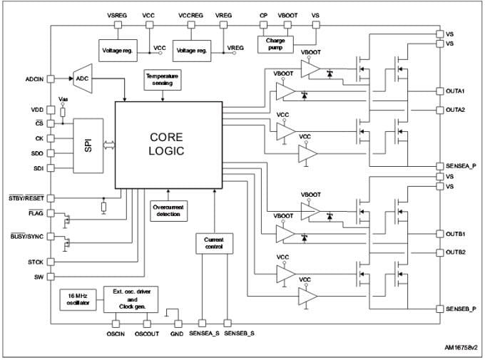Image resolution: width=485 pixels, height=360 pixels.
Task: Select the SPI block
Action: point(88,146)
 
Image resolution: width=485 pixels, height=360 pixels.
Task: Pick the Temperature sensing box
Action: point(163,79)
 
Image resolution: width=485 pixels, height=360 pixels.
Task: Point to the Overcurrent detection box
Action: point(168,210)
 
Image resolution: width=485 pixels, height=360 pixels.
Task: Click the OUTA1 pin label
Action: point(455,91)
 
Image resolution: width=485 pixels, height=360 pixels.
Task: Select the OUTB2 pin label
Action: point(455,252)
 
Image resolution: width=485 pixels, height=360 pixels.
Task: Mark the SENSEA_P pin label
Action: point(459,165)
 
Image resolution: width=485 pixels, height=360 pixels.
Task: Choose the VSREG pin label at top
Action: point(116,15)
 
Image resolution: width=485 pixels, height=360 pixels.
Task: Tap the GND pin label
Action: point(176,334)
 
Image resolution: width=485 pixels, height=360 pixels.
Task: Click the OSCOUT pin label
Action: point(146,334)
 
